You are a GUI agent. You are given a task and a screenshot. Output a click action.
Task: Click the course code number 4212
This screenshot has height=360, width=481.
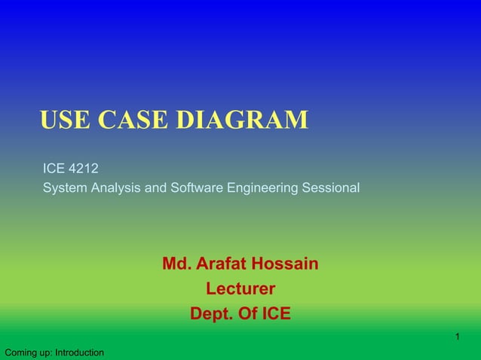click(x=82, y=169)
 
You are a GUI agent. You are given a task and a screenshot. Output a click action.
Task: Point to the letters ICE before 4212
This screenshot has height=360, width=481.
click(x=54, y=169)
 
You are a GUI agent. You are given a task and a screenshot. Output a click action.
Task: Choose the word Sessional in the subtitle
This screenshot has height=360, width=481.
click(x=331, y=188)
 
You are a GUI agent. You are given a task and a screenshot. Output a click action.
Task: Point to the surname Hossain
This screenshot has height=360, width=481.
click(x=286, y=264)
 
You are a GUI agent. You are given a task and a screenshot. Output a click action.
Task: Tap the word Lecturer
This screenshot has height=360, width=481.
click(x=240, y=289)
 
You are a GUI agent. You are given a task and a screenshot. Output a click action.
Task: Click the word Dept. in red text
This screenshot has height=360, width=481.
click(x=209, y=314)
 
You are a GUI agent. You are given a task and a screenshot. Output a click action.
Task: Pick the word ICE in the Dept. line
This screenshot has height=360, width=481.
click(x=274, y=314)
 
